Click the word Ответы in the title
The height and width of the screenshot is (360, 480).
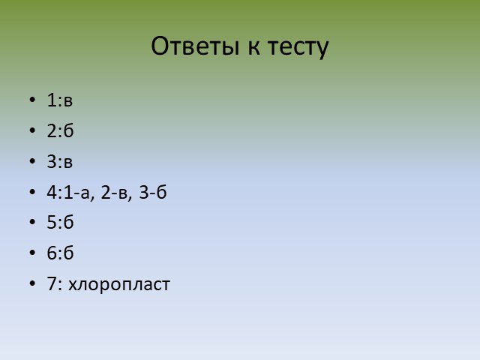point(195,46)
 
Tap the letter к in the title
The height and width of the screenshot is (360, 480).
point(253,48)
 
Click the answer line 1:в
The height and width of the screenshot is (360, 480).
point(60,100)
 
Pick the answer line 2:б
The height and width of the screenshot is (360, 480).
point(60,130)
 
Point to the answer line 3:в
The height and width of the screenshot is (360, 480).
point(60,161)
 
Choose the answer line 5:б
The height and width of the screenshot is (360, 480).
point(60,222)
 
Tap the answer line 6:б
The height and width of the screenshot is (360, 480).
point(60,253)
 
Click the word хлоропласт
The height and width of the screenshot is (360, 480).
point(119,285)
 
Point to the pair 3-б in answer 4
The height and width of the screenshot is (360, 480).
point(153,192)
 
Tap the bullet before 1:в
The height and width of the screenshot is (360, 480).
point(32,100)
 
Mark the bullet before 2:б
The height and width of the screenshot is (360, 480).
point(32,130)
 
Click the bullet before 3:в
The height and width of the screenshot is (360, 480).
point(32,160)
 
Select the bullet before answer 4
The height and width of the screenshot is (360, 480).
point(32,192)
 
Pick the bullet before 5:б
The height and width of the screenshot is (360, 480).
point(32,222)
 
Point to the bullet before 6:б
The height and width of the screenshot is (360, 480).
point(32,252)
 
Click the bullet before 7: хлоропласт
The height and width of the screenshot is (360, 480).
point(32,283)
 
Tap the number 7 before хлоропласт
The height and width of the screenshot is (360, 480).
point(52,283)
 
